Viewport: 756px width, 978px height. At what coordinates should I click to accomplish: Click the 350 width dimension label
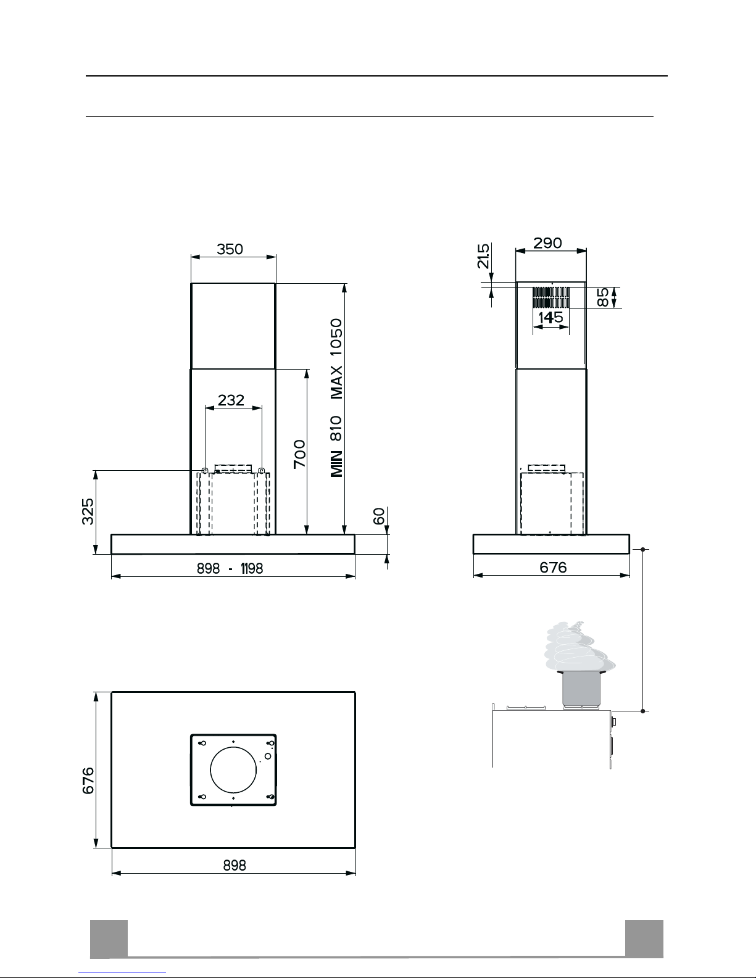[230, 249]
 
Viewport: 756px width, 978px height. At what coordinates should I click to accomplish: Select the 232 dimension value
[231, 400]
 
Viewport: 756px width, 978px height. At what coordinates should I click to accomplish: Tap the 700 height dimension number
[299, 454]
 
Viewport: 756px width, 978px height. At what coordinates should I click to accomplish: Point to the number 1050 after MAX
[336, 337]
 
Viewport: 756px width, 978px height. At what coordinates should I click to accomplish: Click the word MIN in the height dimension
[336, 463]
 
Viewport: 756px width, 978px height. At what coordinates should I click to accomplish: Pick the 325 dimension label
[88, 512]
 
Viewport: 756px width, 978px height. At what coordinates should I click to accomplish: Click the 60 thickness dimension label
[380, 516]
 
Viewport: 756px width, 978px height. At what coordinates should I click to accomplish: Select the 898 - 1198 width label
[230, 568]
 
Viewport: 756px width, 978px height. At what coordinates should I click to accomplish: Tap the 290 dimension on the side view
[547, 243]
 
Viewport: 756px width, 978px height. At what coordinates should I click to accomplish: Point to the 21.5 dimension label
[483, 256]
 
